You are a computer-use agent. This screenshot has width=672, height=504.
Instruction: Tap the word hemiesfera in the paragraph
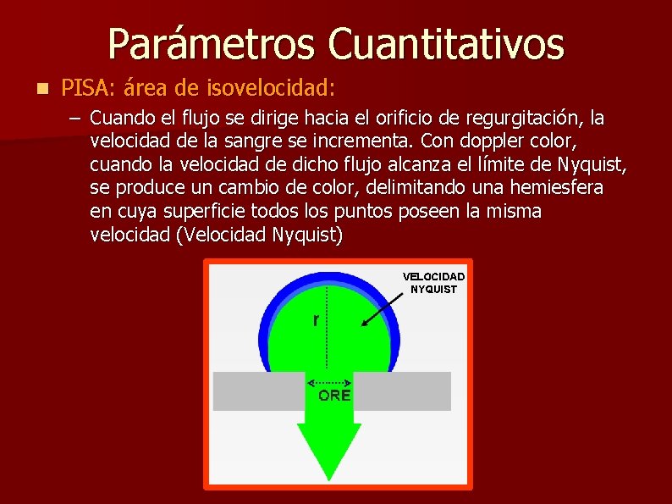pyautogui.click(x=560, y=187)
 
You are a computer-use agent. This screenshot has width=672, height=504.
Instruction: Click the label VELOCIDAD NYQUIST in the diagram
pyautogui.click(x=433, y=283)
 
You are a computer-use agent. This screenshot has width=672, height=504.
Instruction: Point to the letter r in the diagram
pyautogui.click(x=316, y=320)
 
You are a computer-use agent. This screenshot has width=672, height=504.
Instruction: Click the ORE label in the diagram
pyautogui.click(x=334, y=395)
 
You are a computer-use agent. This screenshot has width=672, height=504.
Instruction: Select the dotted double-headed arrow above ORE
pyautogui.click(x=329, y=382)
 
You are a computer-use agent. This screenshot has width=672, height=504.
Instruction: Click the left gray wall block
pyautogui.click(x=258, y=390)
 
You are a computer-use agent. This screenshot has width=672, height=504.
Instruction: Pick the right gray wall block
pyautogui.click(x=402, y=390)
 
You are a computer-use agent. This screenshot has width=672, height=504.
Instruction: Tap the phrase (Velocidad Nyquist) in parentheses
pyautogui.click(x=258, y=235)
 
